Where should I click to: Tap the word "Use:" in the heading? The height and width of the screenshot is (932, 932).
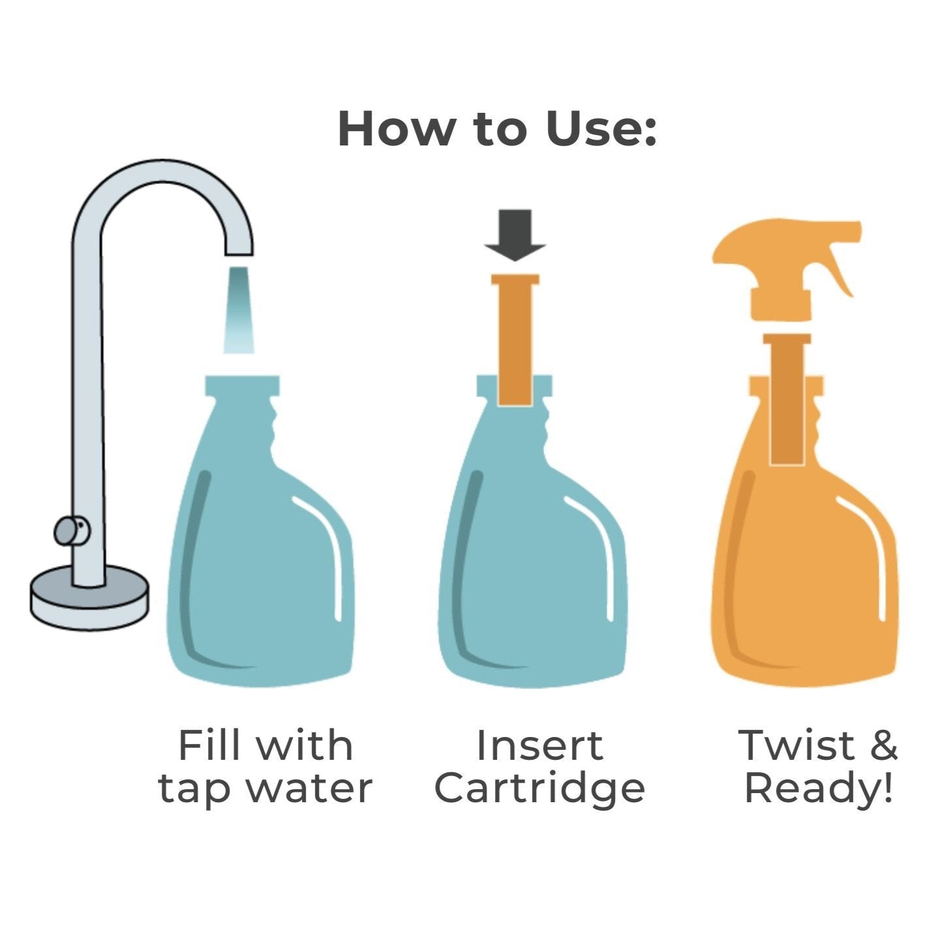[601, 128]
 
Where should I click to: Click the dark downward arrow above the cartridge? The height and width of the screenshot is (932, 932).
[515, 235]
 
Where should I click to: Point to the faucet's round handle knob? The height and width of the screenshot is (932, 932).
[72, 531]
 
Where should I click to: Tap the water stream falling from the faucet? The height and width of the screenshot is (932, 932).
[239, 310]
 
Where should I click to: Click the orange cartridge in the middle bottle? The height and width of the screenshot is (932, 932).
[515, 340]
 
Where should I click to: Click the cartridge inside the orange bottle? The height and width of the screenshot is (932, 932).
[787, 400]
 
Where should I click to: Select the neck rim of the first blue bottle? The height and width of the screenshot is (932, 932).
[243, 385]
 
